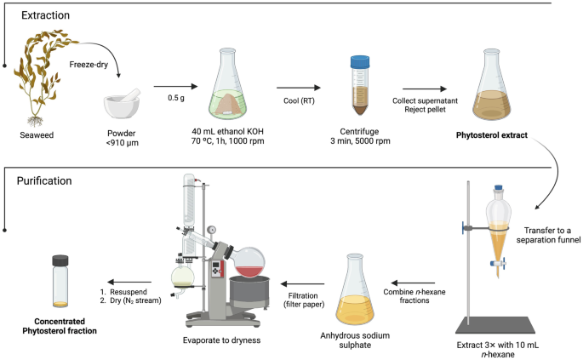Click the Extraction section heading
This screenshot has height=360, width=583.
click(46, 15)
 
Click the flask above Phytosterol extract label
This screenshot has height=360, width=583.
click(502, 85)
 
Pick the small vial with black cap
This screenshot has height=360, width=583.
click(60, 280)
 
